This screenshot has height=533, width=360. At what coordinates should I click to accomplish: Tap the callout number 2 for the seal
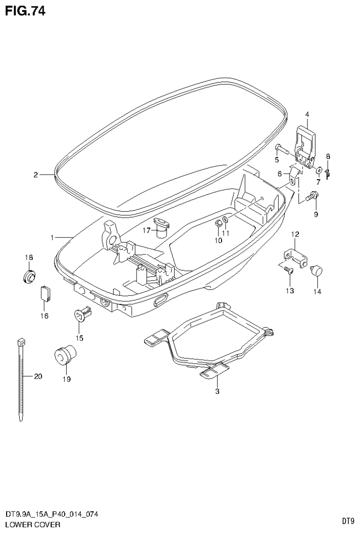35,175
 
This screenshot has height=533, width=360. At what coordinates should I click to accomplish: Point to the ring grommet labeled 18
30,275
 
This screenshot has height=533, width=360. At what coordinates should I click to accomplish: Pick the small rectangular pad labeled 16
45,293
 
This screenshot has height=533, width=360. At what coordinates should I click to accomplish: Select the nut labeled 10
218,223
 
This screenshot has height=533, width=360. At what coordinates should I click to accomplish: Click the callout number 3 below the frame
217,391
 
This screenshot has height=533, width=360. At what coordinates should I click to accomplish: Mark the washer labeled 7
319,170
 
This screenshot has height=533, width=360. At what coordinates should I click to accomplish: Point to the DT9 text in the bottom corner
347,521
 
